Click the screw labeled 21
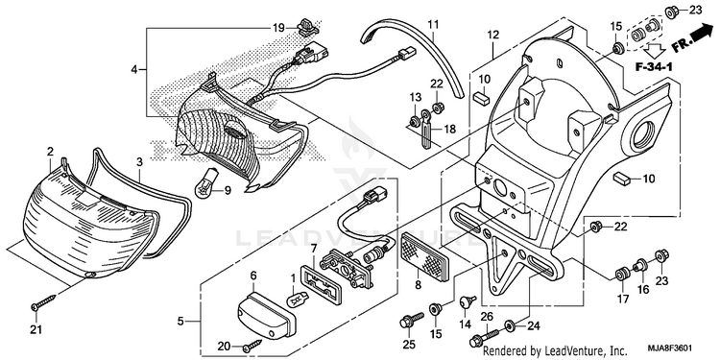click(x=43, y=301)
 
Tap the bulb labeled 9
click(x=205, y=182)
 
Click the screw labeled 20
click(x=253, y=347)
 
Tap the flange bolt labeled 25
click(x=412, y=320)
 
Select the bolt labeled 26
click(x=484, y=337)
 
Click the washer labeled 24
click(x=510, y=326)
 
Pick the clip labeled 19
click(x=306, y=27)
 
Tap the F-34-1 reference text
click(x=654, y=67)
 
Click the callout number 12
click(x=492, y=34)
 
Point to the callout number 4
click(x=134, y=70)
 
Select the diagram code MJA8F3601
click(x=670, y=348)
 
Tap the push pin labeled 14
click(x=467, y=302)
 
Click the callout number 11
click(x=434, y=23)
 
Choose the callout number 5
click(x=180, y=321)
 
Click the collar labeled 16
click(x=638, y=265)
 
